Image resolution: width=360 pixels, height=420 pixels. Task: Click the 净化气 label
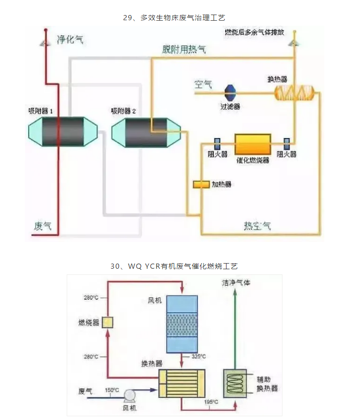tap(70, 39)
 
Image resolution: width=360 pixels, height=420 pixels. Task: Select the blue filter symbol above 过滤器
tap(230, 92)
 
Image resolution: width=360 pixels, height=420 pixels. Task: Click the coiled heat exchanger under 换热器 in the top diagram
tap(294, 92)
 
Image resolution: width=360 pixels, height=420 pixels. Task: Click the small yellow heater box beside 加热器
tap(201, 184)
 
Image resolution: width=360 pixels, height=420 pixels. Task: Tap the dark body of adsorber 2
tap(146, 132)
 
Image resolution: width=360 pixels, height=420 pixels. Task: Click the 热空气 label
tap(257, 226)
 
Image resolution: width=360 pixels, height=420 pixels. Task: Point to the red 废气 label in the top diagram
tap(42, 226)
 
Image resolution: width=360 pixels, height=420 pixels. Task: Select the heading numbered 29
tap(180, 18)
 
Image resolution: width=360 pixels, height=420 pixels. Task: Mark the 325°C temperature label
tap(199, 357)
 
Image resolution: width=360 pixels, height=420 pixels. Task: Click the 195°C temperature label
tap(211, 402)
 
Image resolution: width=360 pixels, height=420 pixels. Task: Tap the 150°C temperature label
tap(112, 390)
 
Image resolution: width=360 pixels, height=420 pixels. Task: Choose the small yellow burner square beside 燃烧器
tap(108, 322)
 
